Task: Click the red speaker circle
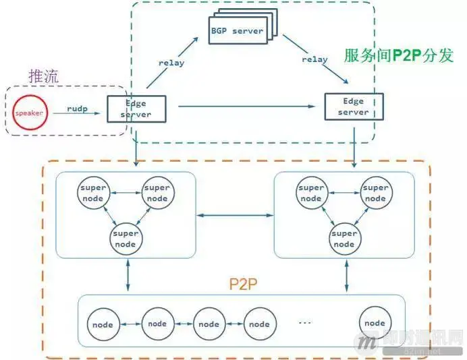click(29, 113)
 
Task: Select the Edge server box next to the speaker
click(136, 109)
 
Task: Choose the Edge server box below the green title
click(354, 107)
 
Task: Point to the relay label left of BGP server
click(171, 63)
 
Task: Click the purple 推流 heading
click(44, 76)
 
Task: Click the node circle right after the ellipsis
click(375, 323)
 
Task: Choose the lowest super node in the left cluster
click(126, 238)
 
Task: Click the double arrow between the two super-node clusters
click(234, 216)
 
